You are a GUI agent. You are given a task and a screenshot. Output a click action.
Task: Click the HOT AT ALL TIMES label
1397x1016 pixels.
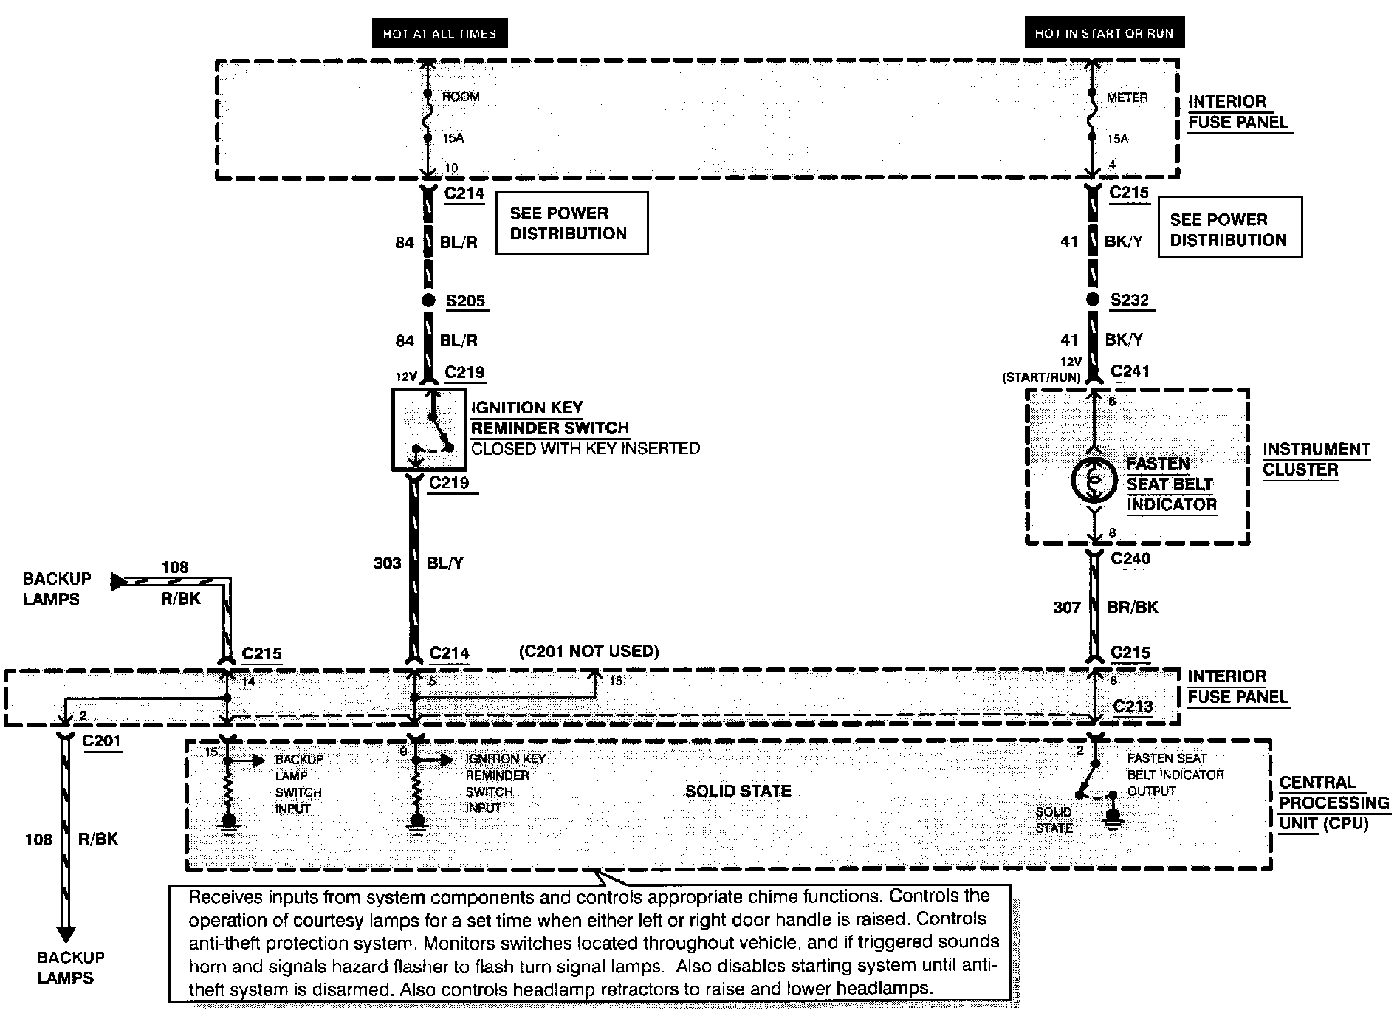pyautogui.click(x=439, y=33)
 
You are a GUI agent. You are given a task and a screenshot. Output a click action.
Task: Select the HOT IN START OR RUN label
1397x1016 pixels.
pyautogui.click(x=1104, y=32)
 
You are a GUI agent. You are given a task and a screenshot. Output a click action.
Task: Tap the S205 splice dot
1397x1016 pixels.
pyautogui.click(x=428, y=301)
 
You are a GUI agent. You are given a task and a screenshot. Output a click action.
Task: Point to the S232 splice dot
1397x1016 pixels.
pyautogui.click(x=1093, y=300)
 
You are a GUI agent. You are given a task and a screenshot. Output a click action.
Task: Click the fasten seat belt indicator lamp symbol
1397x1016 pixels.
pyautogui.click(x=1094, y=481)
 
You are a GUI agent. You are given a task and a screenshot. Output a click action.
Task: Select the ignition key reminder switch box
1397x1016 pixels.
pyautogui.click(x=429, y=430)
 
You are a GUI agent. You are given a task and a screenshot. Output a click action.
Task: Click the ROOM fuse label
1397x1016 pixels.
pyautogui.click(x=461, y=97)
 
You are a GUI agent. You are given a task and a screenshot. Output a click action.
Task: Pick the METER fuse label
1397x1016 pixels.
pyautogui.click(x=1127, y=97)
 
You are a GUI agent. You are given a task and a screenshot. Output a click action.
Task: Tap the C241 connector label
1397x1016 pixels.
pyautogui.click(x=1130, y=371)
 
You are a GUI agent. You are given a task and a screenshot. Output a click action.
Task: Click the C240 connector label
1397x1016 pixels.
pyautogui.click(x=1130, y=559)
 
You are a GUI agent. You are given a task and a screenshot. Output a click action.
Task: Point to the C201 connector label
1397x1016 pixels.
pyautogui.click(x=101, y=741)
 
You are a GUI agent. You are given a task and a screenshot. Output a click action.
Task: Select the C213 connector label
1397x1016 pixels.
pyautogui.click(x=1133, y=706)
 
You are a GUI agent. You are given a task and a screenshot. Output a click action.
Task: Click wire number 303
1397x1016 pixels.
pyautogui.click(x=387, y=563)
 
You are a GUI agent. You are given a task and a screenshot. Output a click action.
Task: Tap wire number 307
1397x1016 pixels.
pyautogui.click(x=1067, y=608)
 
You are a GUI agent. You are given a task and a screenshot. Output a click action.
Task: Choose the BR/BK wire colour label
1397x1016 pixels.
pyautogui.click(x=1132, y=608)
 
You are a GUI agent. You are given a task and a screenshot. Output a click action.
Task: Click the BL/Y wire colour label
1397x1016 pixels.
pyautogui.click(x=445, y=563)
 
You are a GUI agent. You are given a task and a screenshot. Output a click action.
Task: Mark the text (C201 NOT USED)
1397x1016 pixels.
pyautogui.click(x=588, y=651)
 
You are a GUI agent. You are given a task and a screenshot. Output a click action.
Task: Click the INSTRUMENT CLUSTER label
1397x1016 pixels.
pyautogui.click(x=1317, y=459)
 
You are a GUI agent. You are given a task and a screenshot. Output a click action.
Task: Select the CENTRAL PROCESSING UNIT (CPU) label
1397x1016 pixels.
pyautogui.click(x=1333, y=803)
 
